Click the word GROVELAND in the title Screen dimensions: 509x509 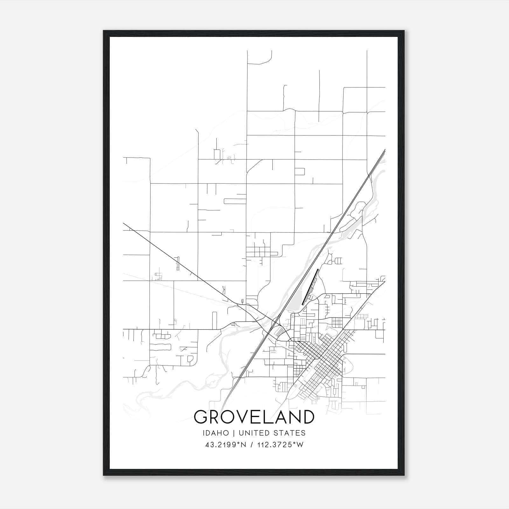pyautogui.click(x=254, y=417)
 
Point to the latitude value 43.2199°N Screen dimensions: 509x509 pyautogui.click(x=226, y=445)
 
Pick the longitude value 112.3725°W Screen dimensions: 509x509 pyautogui.click(x=280, y=445)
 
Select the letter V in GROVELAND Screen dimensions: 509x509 pyautogui.click(x=242, y=417)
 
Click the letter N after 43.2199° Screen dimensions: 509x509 pyautogui.click(x=244, y=445)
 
